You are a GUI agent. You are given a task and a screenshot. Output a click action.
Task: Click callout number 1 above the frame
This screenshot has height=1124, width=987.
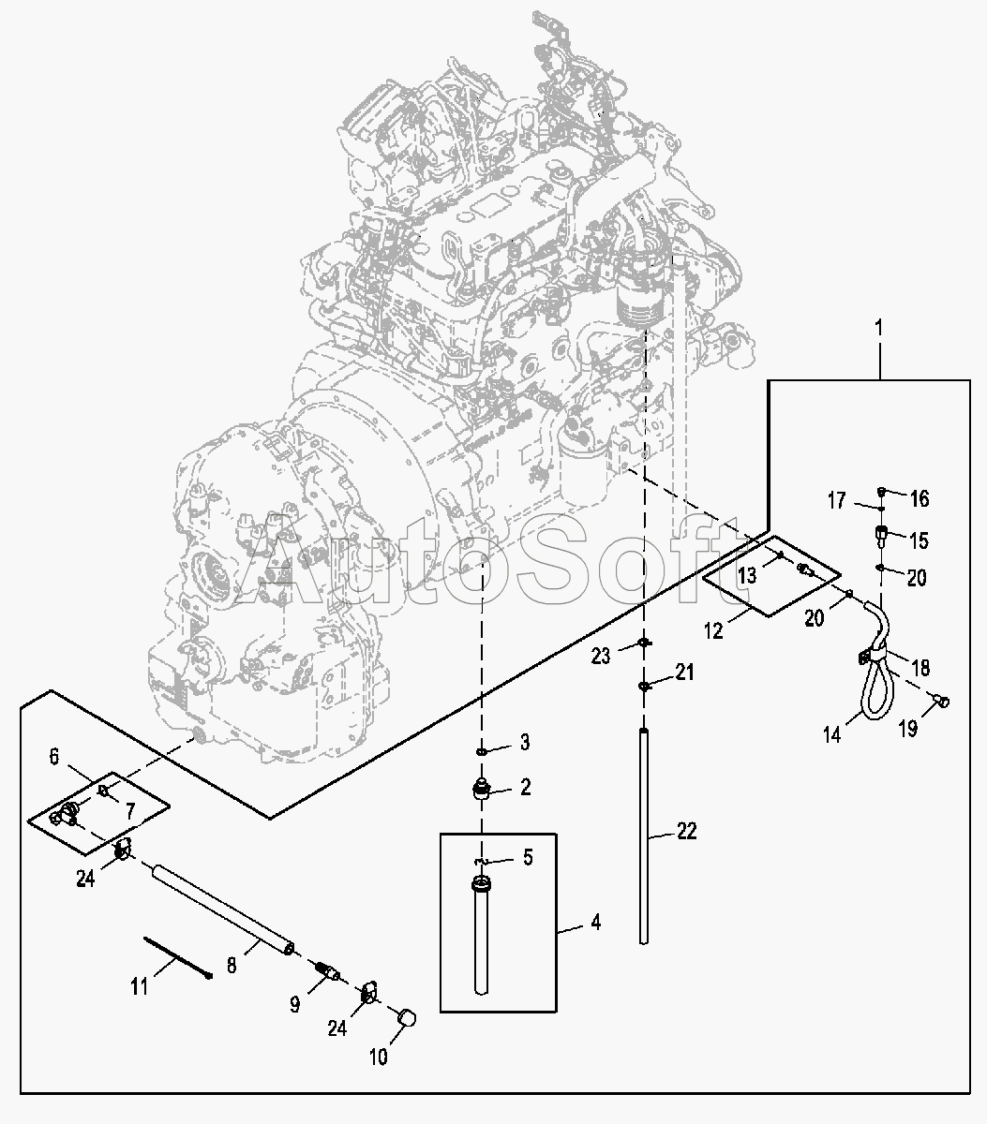[x=878, y=328]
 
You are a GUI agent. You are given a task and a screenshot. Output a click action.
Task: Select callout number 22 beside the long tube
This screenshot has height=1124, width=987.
[x=687, y=831]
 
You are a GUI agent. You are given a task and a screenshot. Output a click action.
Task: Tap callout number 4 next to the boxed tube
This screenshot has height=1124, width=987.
[x=595, y=923]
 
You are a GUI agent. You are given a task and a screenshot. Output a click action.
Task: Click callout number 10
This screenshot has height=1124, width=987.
[x=379, y=1057]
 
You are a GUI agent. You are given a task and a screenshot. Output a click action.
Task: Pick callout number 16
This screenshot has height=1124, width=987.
[x=920, y=498]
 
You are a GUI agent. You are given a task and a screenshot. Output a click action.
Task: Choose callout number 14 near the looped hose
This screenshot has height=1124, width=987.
[x=832, y=735]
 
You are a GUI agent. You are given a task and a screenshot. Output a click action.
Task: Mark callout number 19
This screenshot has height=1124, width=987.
[x=908, y=729]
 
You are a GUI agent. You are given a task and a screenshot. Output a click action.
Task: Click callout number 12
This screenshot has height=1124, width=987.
[x=714, y=630]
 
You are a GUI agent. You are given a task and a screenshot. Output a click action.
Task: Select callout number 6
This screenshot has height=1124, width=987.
[x=53, y=756]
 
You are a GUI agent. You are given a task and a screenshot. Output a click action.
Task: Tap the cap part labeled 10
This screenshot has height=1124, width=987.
[x=407, y=1017]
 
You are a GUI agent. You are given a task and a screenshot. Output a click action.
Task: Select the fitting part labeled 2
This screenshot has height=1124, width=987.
[x=481, y=790]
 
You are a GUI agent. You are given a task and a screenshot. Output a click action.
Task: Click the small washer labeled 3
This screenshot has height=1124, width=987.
[x=481, y=751]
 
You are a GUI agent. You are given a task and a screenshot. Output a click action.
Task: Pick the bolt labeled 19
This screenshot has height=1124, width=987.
[x=942, y=702]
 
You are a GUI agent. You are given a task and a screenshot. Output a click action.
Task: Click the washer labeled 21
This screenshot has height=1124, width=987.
[x=644, y=687]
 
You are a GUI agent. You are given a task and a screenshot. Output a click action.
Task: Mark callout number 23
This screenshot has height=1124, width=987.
[x=601, y=657]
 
